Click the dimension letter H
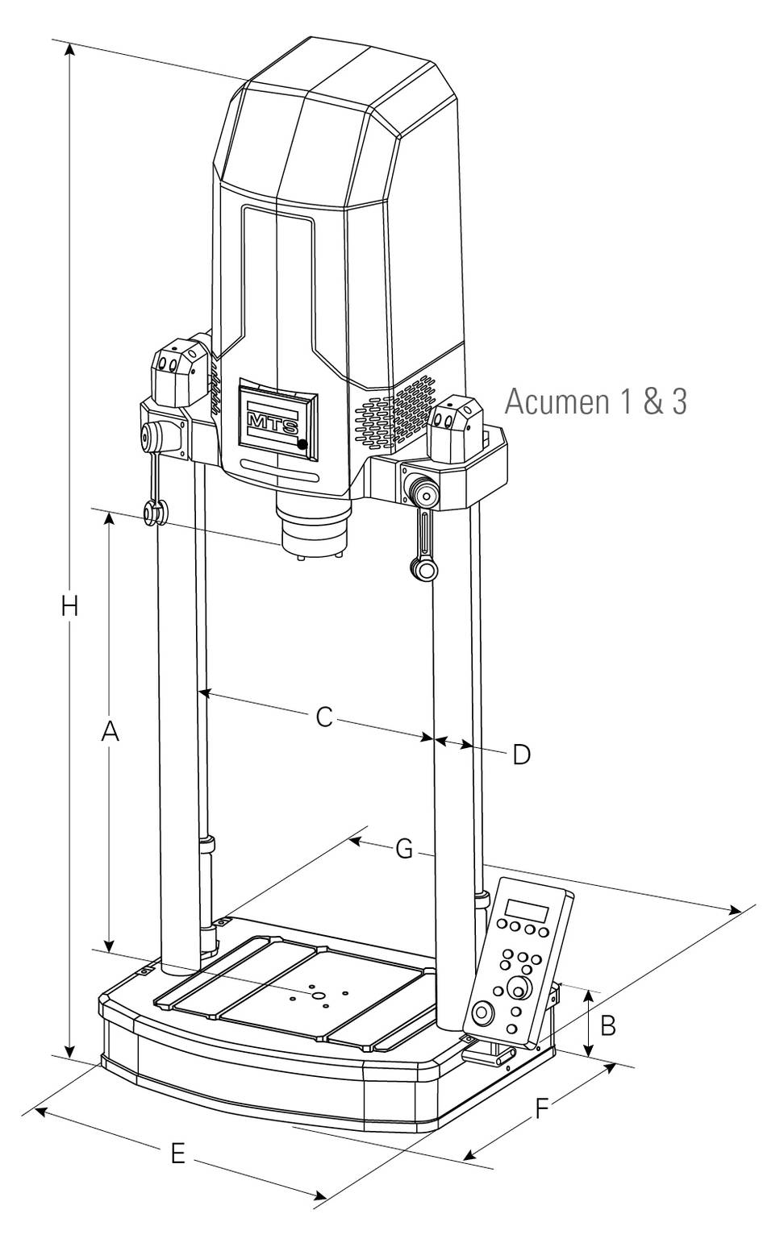pyautogui.click(x=70, y=605)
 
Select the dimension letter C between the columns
pyautogui.click(x=323, y=717)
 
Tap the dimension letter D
pyautogui.click(x=522, y=755)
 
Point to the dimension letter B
pyautogui.click(x=609, y=1025)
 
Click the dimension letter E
pyautogui.click(x=178, y=1154)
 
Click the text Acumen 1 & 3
pyautogui.click(x=595, y=401)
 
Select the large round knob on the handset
pyautogui.click(x=519, y=987)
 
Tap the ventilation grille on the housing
pyautogui.click(x=391, y=411)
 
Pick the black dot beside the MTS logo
pyautogui.click(x=301, y=444)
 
